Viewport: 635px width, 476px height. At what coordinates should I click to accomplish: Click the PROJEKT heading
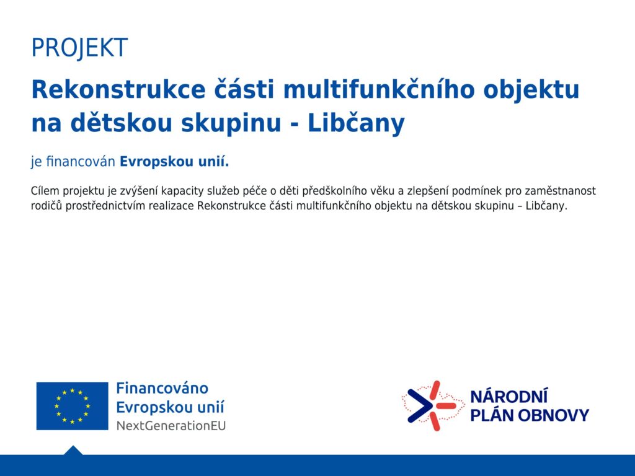pos(79,48)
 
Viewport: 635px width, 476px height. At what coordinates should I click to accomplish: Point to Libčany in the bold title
pos(357,123)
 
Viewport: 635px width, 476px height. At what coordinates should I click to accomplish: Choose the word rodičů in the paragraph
pos(47,206)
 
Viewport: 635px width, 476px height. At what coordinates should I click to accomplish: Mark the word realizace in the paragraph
pos(171,206)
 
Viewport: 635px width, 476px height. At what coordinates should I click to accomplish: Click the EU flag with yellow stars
pos(72,406)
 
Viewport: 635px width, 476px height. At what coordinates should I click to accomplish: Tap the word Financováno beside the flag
pos(162,388)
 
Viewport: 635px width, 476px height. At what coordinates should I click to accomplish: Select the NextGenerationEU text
pos(171,426)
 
